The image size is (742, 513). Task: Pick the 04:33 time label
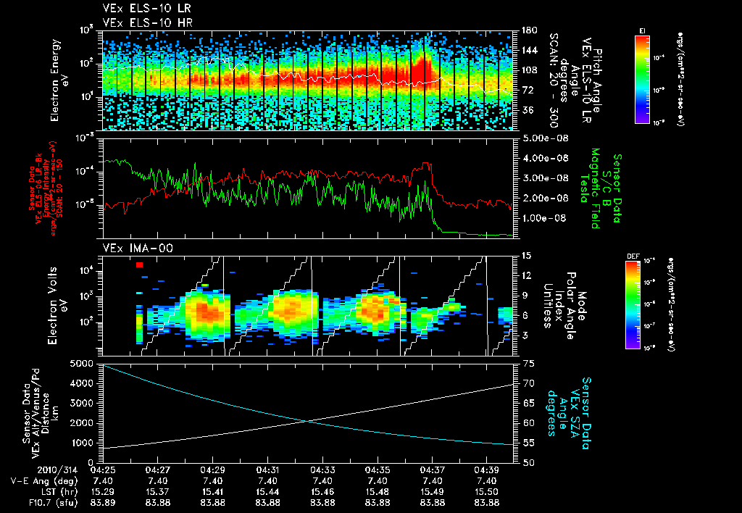point(322,470)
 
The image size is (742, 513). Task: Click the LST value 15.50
point(488,491)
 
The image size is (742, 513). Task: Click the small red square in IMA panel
point(139,265)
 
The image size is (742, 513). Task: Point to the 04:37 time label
point(433,470)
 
